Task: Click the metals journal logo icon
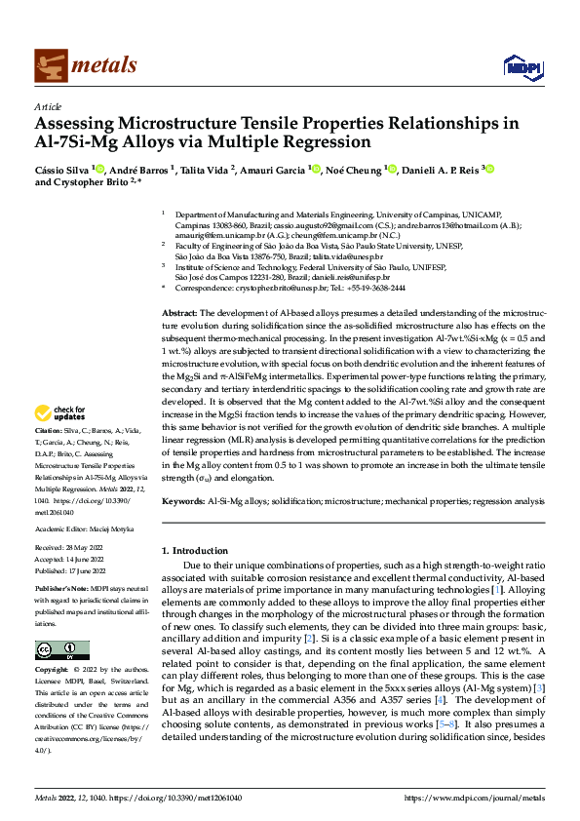[49, 65]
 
